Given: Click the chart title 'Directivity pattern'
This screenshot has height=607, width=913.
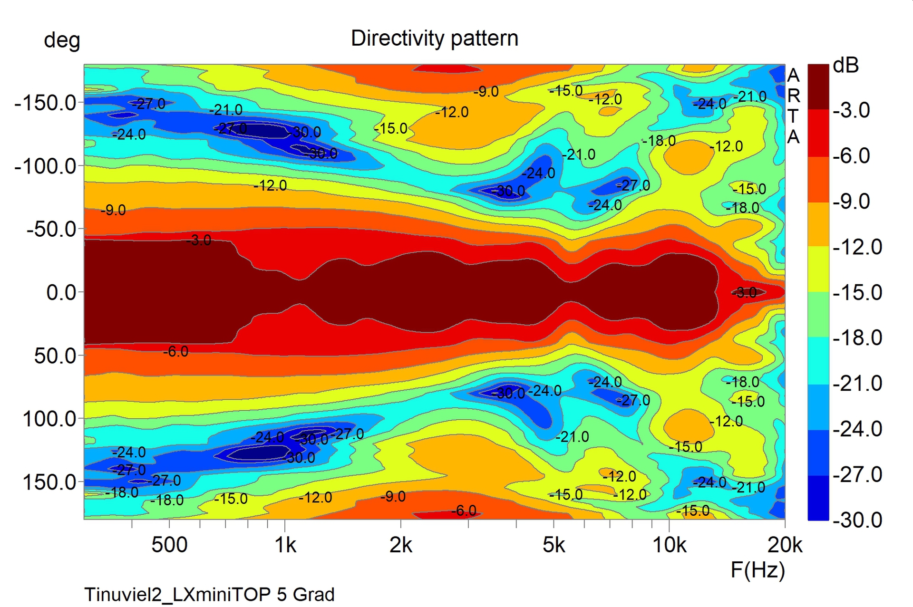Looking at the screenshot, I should click(434, 39).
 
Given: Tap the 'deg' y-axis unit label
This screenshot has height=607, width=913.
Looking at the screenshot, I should click(62, 40).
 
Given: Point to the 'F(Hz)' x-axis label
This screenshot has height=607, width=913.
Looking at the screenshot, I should click(758, 570).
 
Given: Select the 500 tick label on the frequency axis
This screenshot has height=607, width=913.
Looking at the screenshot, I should click(169, 545).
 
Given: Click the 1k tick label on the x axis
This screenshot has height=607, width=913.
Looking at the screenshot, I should click(285, 545).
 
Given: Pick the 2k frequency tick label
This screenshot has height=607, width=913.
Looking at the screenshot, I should click(401, 545).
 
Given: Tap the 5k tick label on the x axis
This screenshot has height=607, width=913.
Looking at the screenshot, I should click(554, 545).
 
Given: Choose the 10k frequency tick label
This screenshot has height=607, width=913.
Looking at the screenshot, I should click(670, 545).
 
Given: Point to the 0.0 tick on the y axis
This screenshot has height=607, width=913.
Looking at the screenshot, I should click(61, 292).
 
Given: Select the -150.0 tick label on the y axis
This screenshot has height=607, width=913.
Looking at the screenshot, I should click(46, 103).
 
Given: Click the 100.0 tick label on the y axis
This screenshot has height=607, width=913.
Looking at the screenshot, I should click(49, 419).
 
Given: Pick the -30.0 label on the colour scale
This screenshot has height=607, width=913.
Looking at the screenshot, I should click(857, 520).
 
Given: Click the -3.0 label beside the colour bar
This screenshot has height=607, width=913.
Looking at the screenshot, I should click(851, 110).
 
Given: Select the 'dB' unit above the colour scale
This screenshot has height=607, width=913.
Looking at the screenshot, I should click(846, 66).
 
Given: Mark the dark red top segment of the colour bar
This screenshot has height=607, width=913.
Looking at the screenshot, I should click(818, 87).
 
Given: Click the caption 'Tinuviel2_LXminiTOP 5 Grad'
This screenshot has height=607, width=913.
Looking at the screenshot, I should click(210, 595).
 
